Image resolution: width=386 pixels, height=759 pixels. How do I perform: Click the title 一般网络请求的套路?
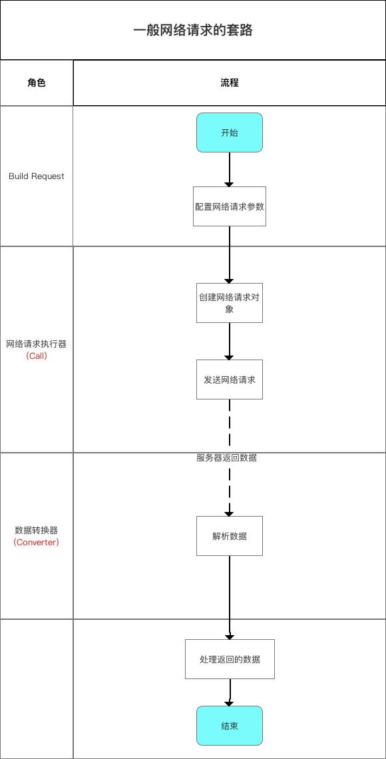[x=193, y=31]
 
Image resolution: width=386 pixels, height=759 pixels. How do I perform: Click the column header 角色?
[x=37, y=83]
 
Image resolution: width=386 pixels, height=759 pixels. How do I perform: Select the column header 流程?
[x=230, y=83]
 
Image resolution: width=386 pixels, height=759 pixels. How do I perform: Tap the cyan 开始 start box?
[x=230, y=132]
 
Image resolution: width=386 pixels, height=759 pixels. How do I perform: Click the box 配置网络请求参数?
[x=230, y=206]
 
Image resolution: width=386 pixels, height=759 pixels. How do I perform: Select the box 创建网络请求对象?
[x=230, y=303]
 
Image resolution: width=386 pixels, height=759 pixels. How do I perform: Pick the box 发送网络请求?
[x=230, y=379]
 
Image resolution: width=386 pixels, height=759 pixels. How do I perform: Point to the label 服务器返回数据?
[x=227, y=458]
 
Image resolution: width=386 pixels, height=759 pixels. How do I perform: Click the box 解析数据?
[x=230, y=536]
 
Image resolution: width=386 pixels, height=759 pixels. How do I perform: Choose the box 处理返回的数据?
[x=230, y=659]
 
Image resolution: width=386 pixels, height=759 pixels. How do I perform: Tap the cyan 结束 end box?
[x=230, y=726]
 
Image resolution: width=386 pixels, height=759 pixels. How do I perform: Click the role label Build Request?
[x=37, y=176]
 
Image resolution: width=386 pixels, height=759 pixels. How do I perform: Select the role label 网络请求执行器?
[x=37, y=344]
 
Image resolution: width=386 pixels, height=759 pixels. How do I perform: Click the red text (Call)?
[x=37, y=356]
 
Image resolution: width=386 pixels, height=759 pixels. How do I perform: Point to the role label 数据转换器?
[x=37, y=531]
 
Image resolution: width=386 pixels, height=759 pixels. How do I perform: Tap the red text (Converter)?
[x=37, y=543]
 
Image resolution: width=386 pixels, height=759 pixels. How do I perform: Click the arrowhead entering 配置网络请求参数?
[x=230, y=184]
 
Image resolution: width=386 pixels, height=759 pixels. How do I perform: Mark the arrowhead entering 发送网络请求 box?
[x=230, y=357]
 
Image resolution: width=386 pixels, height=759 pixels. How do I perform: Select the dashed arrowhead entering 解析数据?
[x=230, y=513]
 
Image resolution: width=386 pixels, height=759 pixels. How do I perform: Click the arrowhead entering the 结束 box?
[x=230, y=703]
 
